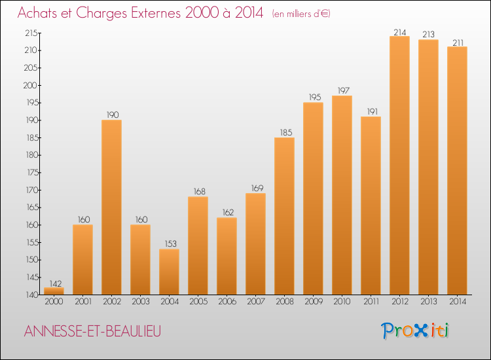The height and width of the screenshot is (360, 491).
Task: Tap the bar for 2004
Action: click(169, 271)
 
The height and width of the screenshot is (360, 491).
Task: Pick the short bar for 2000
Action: click(54, 291)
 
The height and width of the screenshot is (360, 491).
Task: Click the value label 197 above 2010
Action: click(342, 90)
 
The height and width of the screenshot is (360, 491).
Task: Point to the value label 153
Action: click(169, 243)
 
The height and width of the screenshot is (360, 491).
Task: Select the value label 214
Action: click(399, 31)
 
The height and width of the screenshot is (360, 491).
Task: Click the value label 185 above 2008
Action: click(284, 132)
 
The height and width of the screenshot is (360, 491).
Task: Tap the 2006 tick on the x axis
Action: click(227, 301)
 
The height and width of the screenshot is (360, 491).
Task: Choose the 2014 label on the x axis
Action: click(457, 301)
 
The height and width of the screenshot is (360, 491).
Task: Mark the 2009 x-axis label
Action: click(313, 301)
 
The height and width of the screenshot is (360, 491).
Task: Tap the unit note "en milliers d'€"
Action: click(300, 14)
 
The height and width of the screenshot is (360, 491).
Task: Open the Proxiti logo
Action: click(416, 331)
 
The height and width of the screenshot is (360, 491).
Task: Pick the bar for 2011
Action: click(371, 206)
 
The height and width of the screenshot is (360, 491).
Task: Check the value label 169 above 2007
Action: click(255, 188)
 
